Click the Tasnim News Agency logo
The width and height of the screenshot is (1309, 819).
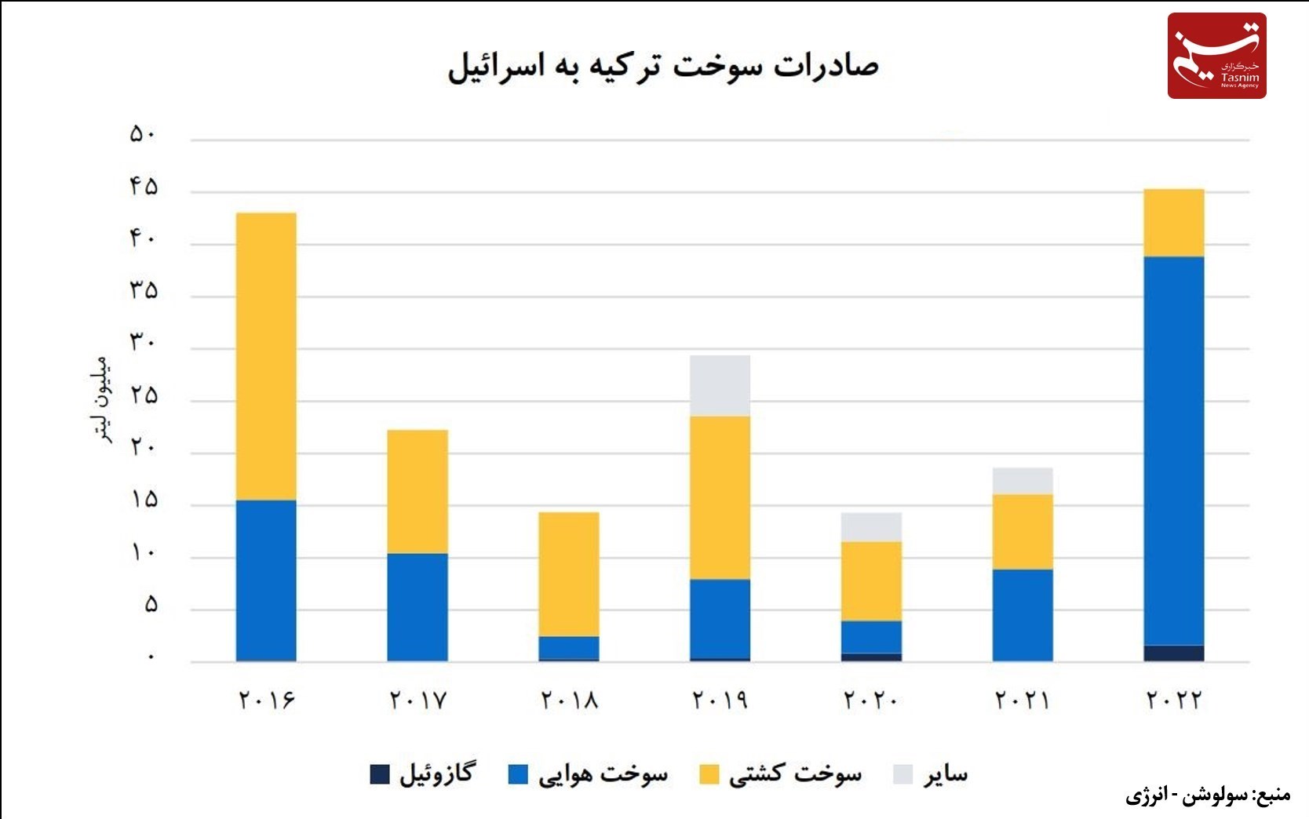[1216, 56]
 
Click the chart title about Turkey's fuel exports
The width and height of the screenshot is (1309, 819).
[663, 66]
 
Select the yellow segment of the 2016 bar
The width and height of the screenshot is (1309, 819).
[266, 356]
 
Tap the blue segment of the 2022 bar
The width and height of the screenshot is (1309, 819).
[1173, 451]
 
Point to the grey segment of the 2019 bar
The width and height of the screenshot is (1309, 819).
[720, 385]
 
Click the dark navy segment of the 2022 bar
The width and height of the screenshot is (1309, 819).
[1173, 653]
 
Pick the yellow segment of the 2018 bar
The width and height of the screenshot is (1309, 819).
[569, 574]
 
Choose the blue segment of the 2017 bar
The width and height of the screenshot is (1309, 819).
[417, 607]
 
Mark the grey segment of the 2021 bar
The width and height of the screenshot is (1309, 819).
[1023, 481]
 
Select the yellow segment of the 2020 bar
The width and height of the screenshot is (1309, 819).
[871, 581]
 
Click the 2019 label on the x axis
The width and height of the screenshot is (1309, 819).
[720, 699]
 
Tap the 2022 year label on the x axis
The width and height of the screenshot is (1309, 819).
[1174, 699]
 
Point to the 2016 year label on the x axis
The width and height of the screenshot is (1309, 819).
[266, 699]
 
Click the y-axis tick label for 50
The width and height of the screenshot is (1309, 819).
[143, 135]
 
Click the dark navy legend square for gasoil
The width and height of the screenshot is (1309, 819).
[380, 774]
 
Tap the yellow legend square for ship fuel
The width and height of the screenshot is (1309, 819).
[709, 774]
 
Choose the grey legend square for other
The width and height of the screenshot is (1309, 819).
[902, 774]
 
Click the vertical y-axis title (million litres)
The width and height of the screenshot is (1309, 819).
[100, 400]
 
